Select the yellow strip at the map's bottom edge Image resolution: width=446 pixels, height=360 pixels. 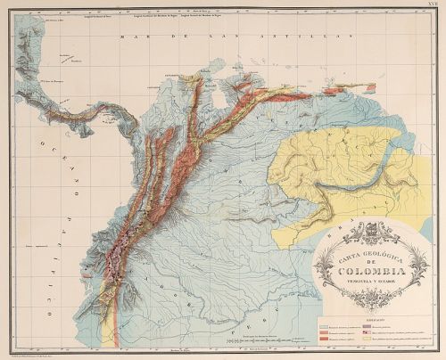(x=110, y=334)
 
